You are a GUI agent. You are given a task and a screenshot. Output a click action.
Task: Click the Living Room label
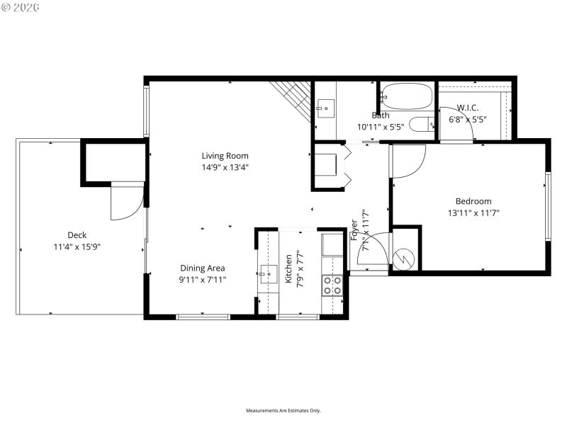pos(225,156)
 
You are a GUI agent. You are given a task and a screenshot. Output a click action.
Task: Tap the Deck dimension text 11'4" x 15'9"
pos(77,247)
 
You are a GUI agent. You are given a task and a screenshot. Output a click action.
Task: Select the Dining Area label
pos(202,268)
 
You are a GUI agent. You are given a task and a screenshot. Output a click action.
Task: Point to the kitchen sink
pos(268,272)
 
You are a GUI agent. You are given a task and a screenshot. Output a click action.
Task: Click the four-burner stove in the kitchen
pos(332,285)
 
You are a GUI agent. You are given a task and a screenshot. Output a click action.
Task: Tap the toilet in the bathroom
pos(424,123)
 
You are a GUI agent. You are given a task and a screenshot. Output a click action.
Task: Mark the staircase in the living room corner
pos(293,96)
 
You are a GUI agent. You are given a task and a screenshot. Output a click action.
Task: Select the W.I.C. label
pos(467,108)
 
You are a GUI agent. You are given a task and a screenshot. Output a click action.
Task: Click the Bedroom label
pos(468,201)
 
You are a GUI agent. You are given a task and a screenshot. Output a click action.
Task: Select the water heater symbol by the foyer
pos(406,257)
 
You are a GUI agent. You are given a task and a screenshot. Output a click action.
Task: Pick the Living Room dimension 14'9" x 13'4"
pos(225,168)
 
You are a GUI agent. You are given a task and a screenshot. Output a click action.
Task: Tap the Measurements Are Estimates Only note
pos(283,411)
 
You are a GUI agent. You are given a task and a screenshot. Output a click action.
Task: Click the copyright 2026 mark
pos(21,7)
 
